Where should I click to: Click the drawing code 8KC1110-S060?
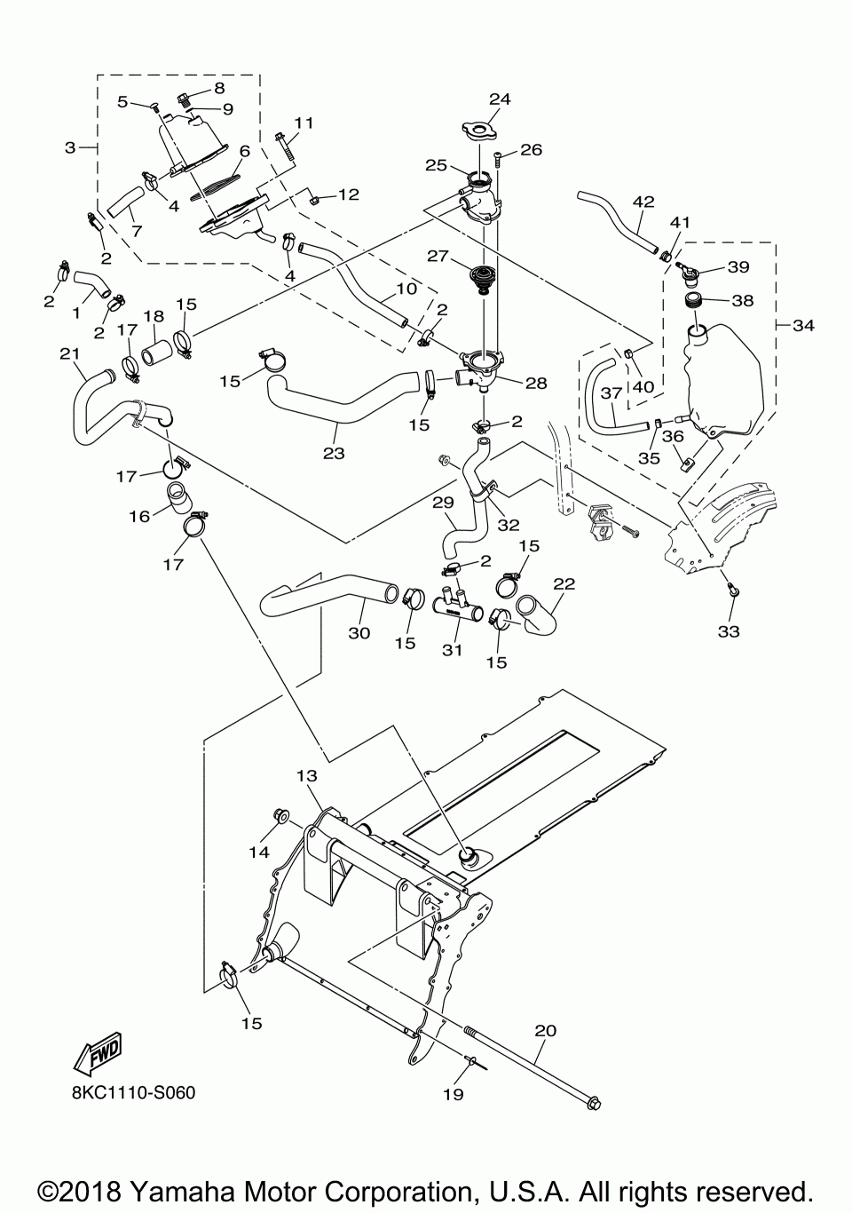(133, 1091)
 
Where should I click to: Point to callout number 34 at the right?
(803, 326)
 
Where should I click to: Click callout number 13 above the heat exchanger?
(306, 776)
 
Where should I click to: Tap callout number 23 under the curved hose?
(333, 452)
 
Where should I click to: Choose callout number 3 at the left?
(70, 147)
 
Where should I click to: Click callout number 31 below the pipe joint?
(453, 650)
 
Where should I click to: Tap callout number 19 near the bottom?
(453, 1094)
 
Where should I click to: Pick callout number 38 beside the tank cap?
(742, 300)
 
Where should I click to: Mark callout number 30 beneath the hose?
(359, 633)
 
